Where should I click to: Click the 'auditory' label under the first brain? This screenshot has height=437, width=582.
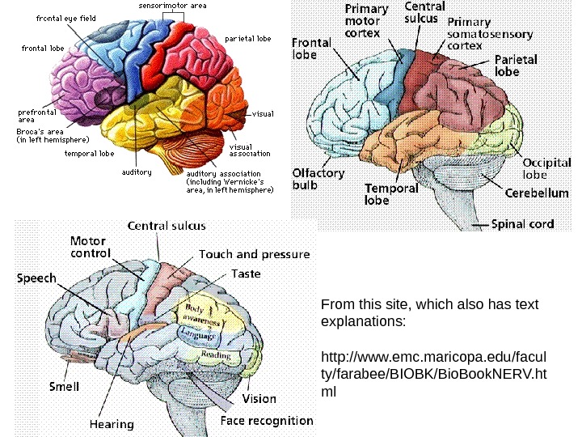click(x=137, y=172)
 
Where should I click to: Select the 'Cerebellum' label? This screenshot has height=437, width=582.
click(x=536, y=193)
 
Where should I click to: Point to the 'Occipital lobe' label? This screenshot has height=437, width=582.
click(x=546, y=168)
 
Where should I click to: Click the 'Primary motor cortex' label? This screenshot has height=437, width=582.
click(x=366, y=22)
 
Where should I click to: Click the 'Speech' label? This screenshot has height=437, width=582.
click(x=37, y=278)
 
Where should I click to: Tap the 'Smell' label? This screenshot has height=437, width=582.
click(x=64, y=386)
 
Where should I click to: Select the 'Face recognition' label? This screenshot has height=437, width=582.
click(x=267, y=420)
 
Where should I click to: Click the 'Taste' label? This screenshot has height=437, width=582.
click(x=246, y=274)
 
